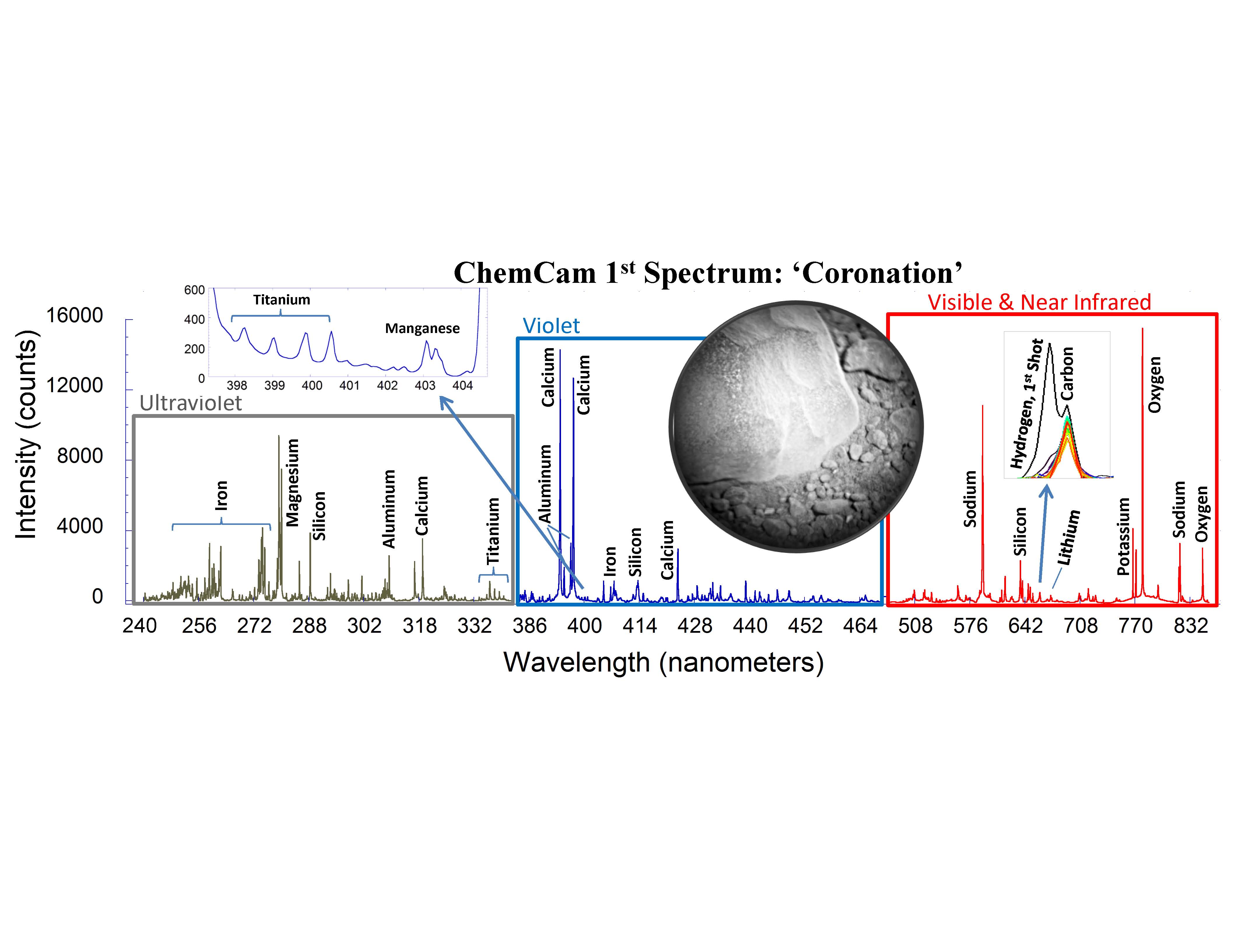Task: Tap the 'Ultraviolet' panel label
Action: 191,403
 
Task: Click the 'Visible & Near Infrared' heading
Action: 1039,302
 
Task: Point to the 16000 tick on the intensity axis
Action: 74,315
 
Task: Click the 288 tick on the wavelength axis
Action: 309,626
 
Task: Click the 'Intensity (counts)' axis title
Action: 27,434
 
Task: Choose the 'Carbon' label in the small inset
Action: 1067,374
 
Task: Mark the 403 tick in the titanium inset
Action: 425,385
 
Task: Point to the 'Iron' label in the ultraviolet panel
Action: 221,495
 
